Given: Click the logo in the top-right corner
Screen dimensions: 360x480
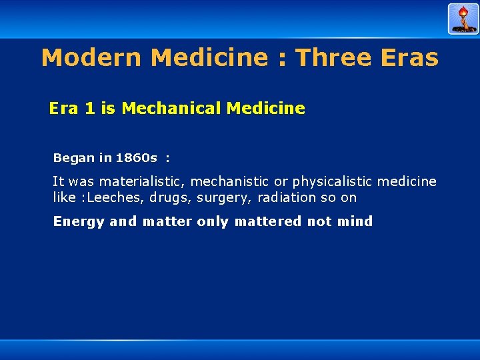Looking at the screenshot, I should (x=463, y=19).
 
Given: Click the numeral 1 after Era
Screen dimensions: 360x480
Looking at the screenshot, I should (x=90, y=108).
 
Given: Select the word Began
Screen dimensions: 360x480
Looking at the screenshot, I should (x=74, y=158).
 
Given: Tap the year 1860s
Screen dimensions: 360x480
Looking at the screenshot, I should (x=136, y=158).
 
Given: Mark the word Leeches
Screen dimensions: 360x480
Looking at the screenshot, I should (x=115, y=197).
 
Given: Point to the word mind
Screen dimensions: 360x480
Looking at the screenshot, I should (x=355, y=221).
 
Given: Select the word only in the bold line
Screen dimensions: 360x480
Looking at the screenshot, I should (x=212, y=221).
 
